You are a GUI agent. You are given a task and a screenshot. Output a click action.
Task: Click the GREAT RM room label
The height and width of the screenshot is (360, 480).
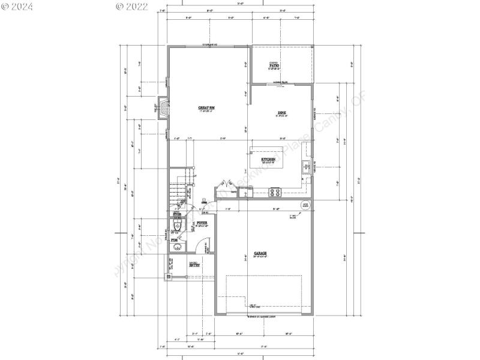tap(207, 107)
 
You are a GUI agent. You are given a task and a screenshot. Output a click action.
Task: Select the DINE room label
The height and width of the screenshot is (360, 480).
tap(281, 113)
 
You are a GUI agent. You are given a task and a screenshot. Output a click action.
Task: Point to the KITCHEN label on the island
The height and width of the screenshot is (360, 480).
tap(268, 160)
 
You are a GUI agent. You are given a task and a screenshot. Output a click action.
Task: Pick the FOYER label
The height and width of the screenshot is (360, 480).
tap(202, 223)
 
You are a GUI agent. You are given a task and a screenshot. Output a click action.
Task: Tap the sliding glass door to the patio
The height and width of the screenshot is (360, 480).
tap(278, 85)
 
